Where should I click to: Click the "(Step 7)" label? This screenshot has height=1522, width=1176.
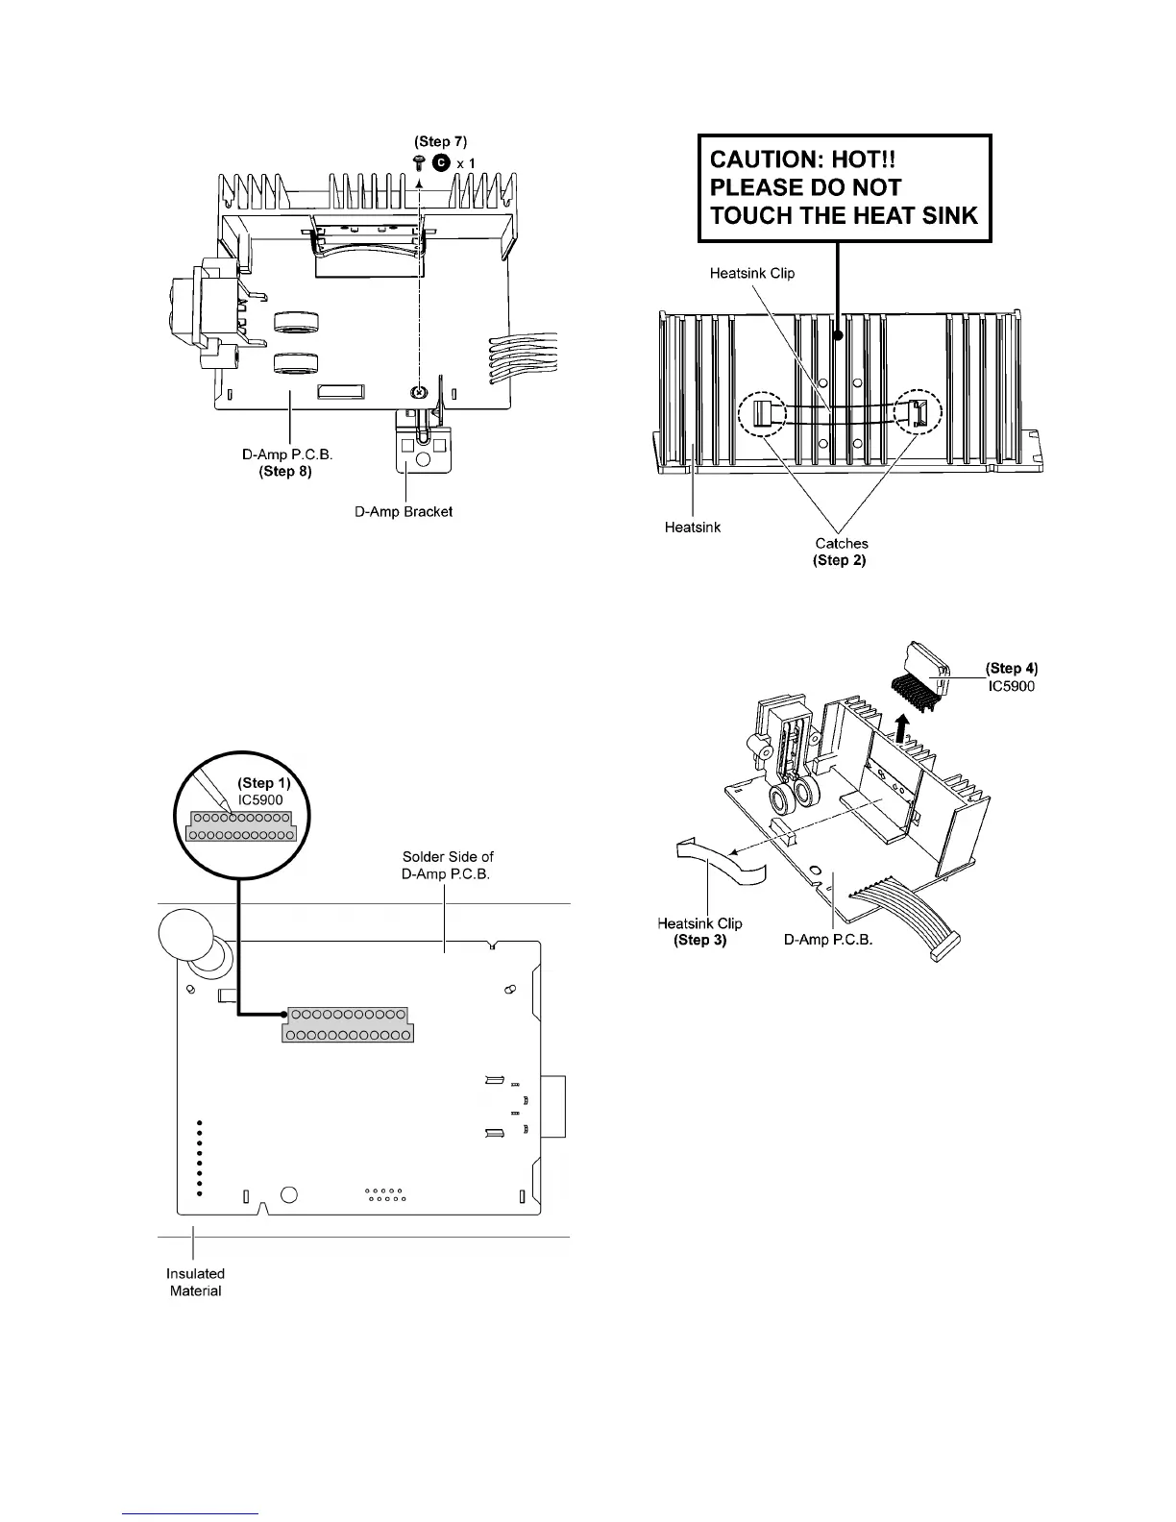tap(441, 141)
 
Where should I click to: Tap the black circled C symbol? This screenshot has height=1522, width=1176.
tap(440, 162)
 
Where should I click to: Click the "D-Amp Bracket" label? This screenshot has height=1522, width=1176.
tap(404, 511)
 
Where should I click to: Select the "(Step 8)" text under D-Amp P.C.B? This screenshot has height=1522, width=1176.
tap(285, 472)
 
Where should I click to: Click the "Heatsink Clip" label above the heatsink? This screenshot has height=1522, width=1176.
tap(752, 273)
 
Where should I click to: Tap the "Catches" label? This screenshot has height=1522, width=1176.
tap(841, 544)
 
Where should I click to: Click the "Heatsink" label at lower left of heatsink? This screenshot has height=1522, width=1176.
tap(692, 527)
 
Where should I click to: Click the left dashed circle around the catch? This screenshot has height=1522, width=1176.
tap(763, 415)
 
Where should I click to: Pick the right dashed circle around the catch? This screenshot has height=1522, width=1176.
tap(919, 414)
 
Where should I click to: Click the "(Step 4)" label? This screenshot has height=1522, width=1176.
tap(1012, 669)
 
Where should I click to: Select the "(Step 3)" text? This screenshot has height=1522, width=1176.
tap(700, 940)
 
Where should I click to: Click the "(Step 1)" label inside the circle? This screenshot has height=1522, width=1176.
tap(264, 784)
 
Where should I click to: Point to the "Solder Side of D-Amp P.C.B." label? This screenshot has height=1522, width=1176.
tap(448, 865)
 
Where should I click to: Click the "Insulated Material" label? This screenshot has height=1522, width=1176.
tap(196, 1282)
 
